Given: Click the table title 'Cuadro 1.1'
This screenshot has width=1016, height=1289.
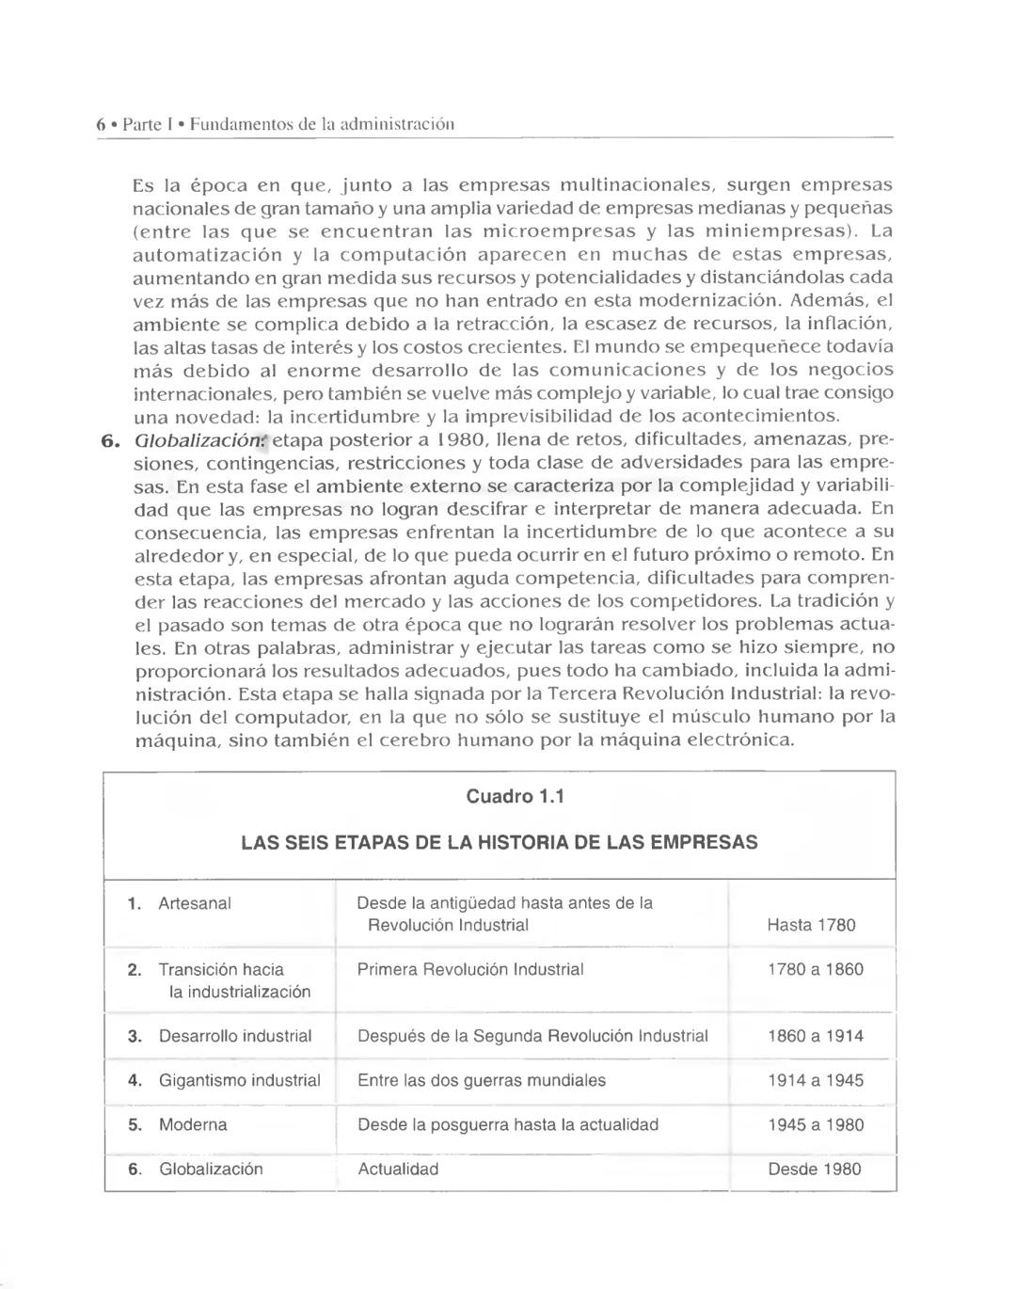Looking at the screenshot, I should (x=515, y=797).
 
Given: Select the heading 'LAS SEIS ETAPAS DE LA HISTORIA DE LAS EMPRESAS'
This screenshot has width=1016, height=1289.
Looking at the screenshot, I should (x=499, y=842).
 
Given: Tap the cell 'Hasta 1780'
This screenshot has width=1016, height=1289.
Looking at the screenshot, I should (x=811, y=925).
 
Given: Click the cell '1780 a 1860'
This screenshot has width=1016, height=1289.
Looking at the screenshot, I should (x=815, y=969).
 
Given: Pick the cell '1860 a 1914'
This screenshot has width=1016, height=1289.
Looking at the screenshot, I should (x=815, y=1036).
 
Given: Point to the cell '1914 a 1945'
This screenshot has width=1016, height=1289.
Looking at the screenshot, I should (x=815, y=1080).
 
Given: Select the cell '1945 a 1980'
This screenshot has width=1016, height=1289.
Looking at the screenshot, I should (x=815, y=1124).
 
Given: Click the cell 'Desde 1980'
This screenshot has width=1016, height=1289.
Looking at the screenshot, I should (x=814, y=1169).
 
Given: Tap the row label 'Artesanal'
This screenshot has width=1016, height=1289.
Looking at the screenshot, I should (x=195, y=903).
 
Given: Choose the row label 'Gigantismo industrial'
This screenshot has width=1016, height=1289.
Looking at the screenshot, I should (x=239, y=1080).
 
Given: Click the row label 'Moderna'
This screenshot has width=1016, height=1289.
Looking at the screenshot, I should (x=193, y=1124).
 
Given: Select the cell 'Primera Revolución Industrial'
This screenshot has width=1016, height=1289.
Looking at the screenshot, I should (x=470, y=969).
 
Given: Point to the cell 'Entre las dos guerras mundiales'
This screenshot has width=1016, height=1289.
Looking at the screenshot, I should (x=482, y=1080).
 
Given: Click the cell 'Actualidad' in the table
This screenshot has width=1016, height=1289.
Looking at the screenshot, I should (x=398, y=1169).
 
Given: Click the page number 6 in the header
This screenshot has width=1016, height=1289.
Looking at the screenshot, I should (x=101, y=124).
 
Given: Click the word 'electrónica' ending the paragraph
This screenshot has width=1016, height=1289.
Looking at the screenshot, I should (x=738, y=740).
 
